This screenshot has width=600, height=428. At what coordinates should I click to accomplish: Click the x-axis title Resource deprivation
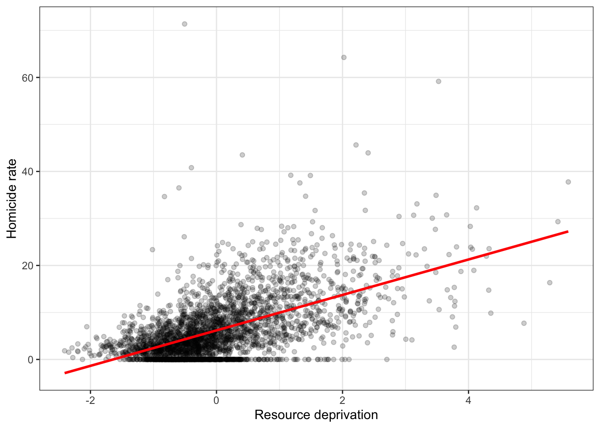316,415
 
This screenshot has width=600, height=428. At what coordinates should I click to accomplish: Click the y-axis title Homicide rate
12,199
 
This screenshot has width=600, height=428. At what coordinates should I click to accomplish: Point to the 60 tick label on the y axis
28,78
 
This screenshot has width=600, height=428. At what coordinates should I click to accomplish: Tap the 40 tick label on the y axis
28,172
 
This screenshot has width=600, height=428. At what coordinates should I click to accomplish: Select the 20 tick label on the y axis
28,266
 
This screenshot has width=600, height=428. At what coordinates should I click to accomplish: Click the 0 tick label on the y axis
30,360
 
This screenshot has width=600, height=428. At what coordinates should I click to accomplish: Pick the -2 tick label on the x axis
90,400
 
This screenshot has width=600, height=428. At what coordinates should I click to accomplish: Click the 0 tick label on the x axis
217,400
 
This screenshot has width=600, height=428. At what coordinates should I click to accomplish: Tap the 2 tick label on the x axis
342,400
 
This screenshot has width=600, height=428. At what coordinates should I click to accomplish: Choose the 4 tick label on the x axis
468,400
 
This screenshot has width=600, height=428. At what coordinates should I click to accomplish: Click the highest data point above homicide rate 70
184,24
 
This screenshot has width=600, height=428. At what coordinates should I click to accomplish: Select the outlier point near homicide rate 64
344,58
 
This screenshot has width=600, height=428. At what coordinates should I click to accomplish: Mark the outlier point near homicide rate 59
438,81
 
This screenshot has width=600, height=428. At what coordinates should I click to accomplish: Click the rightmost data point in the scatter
568,182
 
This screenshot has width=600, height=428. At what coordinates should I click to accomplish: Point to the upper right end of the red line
567,231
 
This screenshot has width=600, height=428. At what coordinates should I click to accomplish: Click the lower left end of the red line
65,373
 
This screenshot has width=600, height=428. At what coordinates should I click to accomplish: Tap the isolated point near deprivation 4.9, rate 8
524,323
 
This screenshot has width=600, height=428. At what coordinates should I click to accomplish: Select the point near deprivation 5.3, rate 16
550,283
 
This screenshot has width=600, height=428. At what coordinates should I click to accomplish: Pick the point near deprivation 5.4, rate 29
558,222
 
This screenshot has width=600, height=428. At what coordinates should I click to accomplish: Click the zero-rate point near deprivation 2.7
387,359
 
